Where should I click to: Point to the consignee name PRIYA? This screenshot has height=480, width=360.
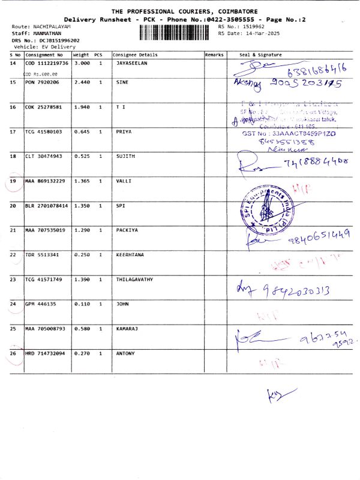coord(124,131)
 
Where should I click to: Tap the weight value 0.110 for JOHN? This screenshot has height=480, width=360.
coord(81,304)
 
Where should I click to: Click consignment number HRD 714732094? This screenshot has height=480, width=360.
coord(46,353)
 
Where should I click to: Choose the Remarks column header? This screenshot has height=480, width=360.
coord(214,55)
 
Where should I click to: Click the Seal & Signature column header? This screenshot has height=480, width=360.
coord(260,55)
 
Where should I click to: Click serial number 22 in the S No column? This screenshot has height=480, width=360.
coord(13,254)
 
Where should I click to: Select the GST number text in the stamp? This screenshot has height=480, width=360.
coord(287,135)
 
